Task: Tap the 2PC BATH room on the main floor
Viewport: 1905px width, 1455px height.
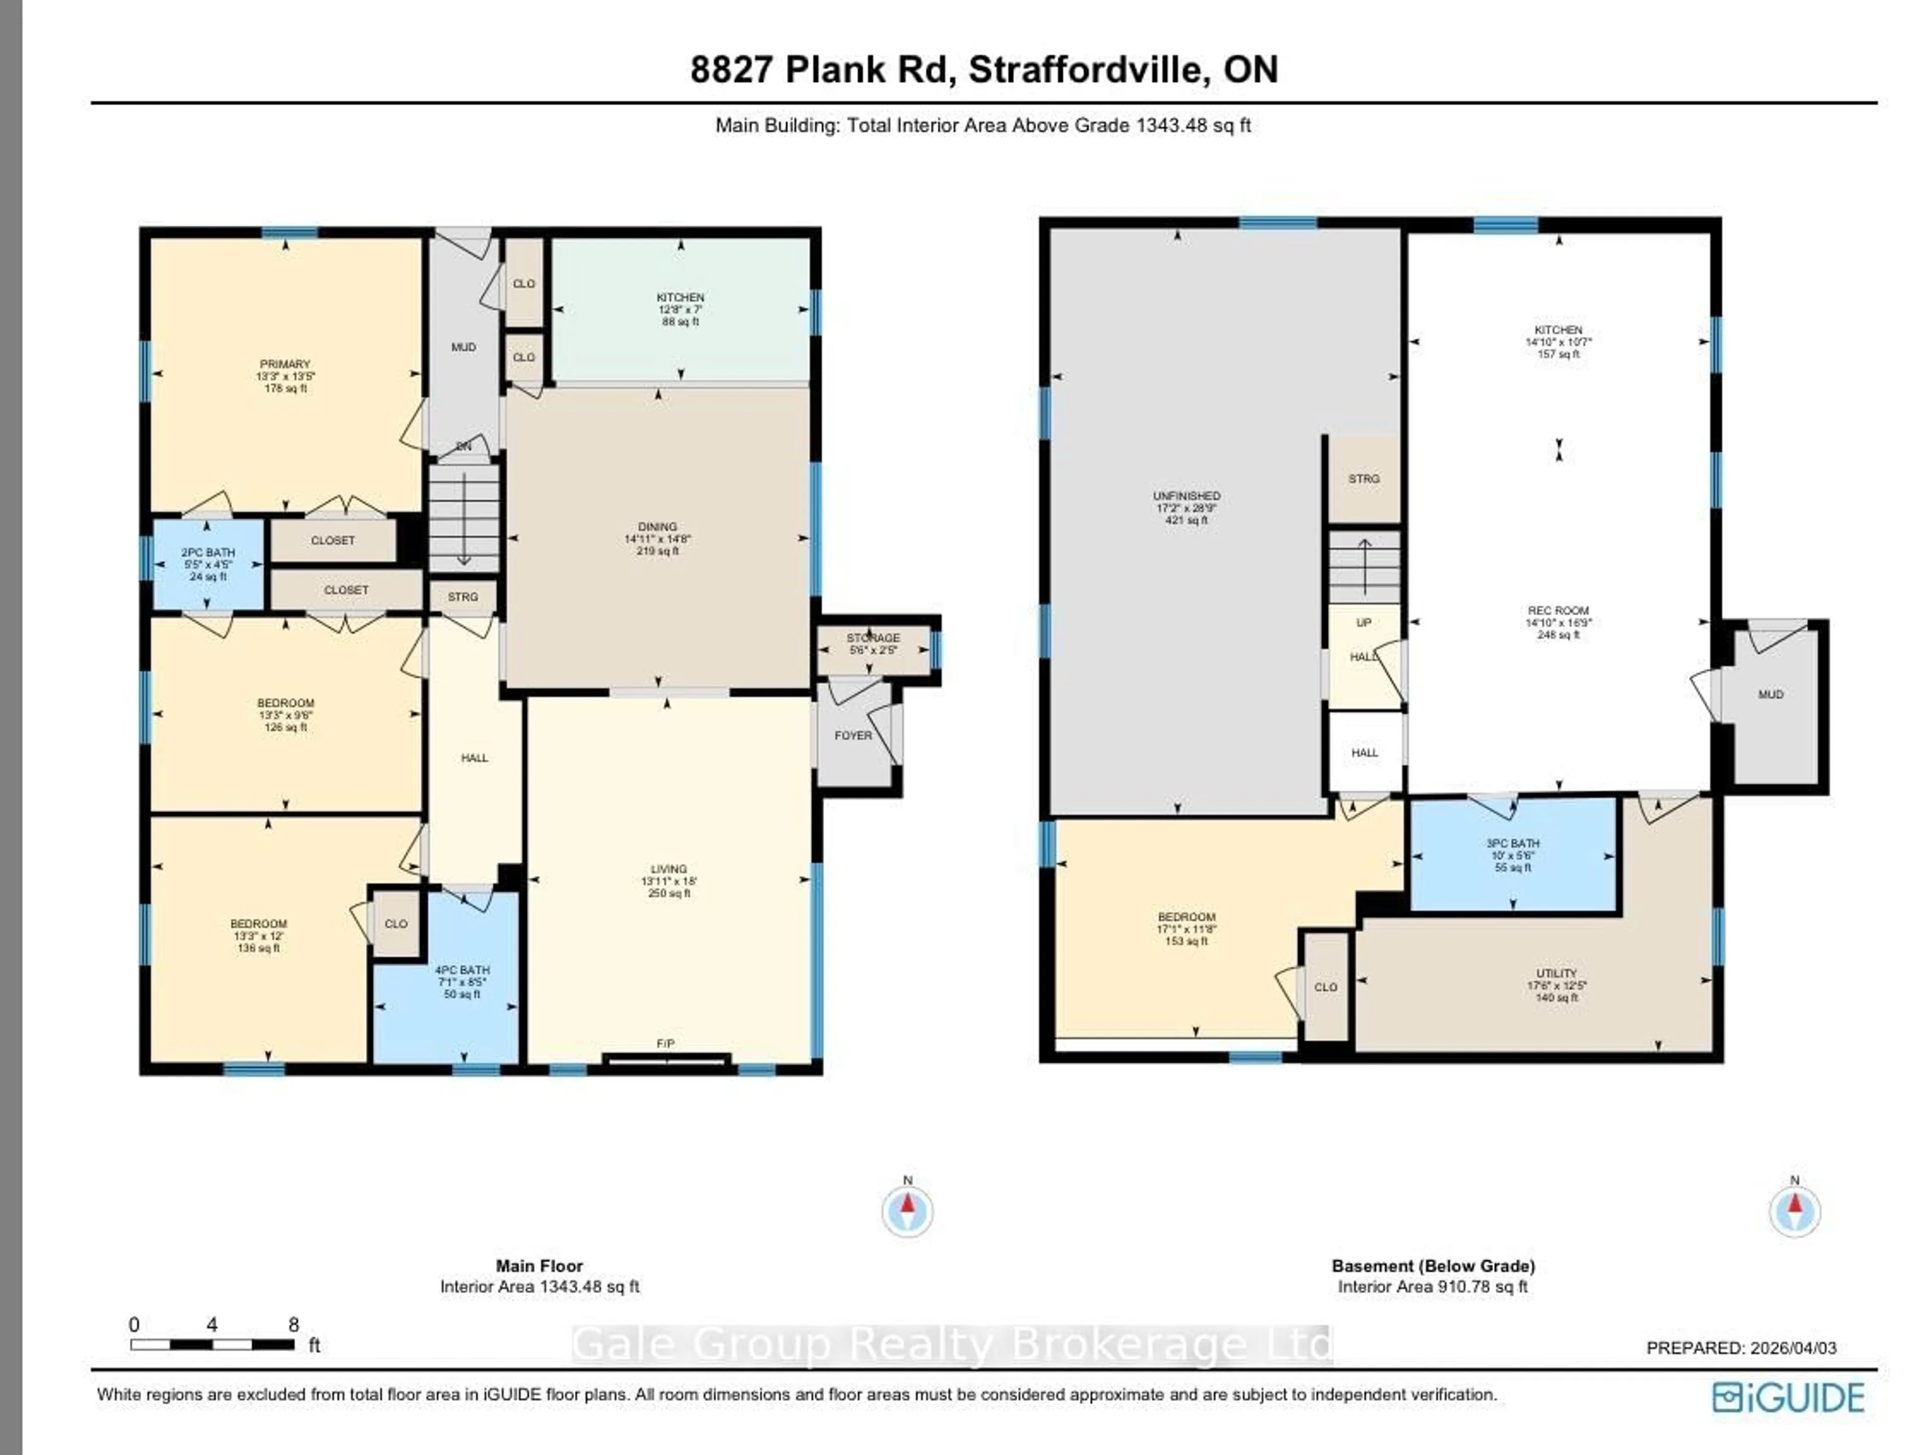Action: [x=208, y=564]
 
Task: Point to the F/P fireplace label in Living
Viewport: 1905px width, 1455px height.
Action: [x=665, y=1044]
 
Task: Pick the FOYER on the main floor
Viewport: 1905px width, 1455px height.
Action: [x=853, y=735]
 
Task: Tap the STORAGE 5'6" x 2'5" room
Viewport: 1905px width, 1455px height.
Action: [x=873, y=643]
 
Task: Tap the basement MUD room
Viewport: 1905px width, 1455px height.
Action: [x=1770, y=695]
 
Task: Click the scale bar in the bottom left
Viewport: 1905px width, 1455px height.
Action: [x=212, y=1345]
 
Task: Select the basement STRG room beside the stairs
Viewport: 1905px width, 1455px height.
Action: [x=1364, y=478]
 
